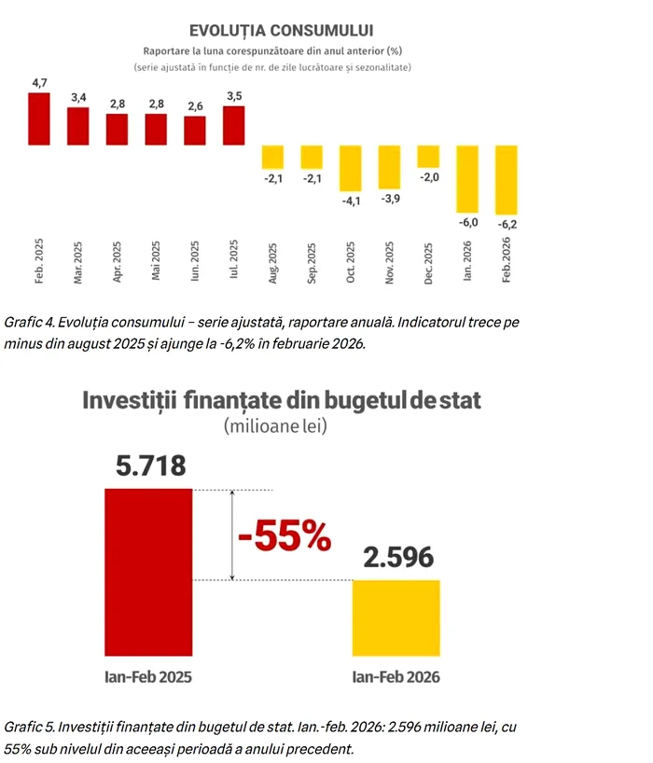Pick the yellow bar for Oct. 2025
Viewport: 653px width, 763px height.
coord(351,167)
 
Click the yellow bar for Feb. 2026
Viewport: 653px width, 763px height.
coord(507,179)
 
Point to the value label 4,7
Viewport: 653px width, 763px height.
coord(40,84)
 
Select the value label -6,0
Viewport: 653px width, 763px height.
coord(467,222)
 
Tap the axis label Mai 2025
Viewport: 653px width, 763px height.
coord(156,260)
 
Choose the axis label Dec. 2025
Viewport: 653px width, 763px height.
coord(428,260)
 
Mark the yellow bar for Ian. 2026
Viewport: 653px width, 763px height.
coord(467,178)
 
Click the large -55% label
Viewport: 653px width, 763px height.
coord(284,535)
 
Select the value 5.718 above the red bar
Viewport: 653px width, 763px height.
coord(150,465)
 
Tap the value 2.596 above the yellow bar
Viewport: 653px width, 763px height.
coord(396,557)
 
